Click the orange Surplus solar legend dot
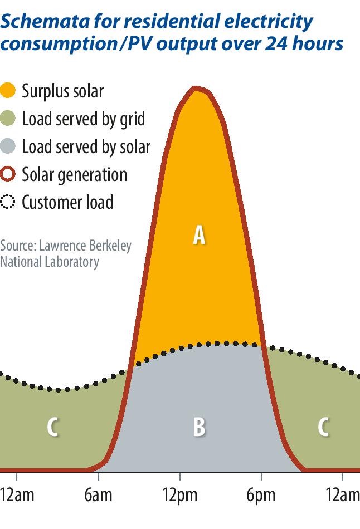(x=8, y=91)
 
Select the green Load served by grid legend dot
(x=8, y=119)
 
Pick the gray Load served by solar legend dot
(x=8, y=146)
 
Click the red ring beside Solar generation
(x=8, y=174)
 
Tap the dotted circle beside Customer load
(x=8, y=202)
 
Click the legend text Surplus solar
(x=62, y=91)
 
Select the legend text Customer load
(x=67, y=202)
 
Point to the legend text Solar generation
(x=74, y=174)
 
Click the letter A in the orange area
(x=199, y=235)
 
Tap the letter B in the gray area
(x=199, y=427)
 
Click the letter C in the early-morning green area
(x=52, y=427)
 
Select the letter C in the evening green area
(x=323, y=427)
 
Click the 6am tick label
(x=99, y=495)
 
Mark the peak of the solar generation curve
(x=194, y=88)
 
